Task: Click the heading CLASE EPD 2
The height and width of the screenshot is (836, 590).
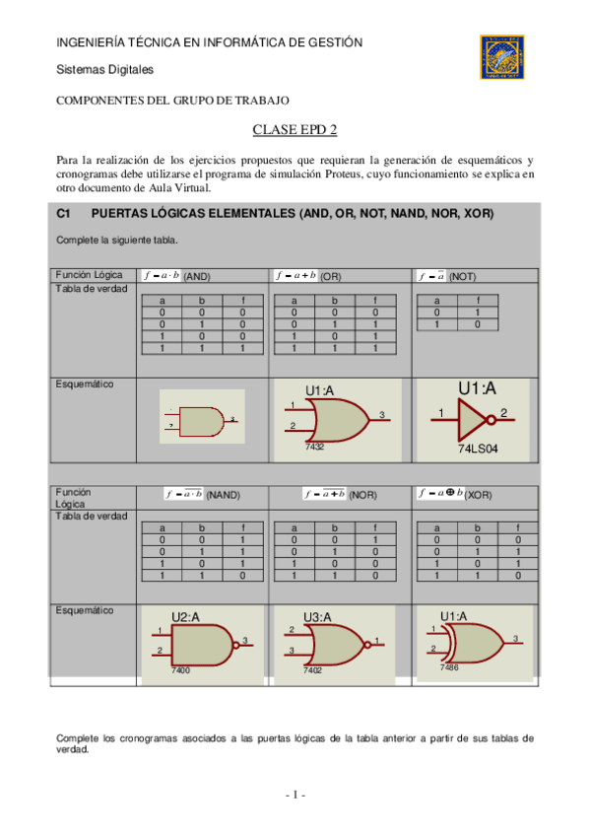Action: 295,130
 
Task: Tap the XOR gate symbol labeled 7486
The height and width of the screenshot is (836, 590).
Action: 466,643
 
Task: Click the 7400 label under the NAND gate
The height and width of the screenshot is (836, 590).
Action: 180,670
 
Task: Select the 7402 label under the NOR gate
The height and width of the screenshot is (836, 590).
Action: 312,669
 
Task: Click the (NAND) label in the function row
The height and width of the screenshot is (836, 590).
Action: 223,494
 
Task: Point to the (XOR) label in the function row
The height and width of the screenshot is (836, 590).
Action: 479,494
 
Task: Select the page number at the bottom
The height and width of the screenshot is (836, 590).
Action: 295,795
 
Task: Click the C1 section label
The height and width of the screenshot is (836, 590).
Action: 65,214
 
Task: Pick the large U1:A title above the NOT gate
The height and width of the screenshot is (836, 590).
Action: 478,386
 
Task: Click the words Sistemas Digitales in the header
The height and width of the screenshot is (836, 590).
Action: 104,70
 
